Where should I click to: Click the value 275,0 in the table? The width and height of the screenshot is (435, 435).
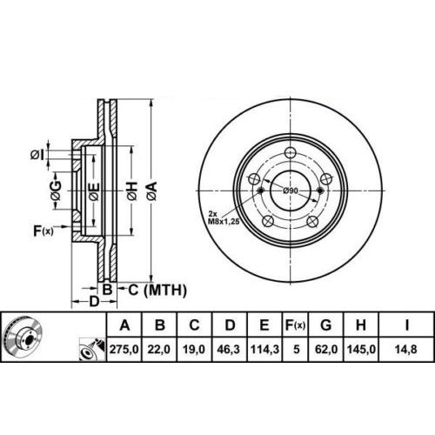pos(124,349)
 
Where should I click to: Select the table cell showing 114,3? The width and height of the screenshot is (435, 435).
pos(264,349)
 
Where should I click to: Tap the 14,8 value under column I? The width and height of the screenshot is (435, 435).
pos(406,349)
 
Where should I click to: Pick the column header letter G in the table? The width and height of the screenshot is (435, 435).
pos(326,325)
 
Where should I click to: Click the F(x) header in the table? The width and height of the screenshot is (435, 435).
pos(295,325)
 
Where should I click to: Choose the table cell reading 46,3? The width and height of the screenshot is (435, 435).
pos(229,349)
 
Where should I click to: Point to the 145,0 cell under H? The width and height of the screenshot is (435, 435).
pos(361,349)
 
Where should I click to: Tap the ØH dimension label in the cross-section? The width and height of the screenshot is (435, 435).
pos(131,191)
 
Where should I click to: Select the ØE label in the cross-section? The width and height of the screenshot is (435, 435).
pos(94,191)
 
